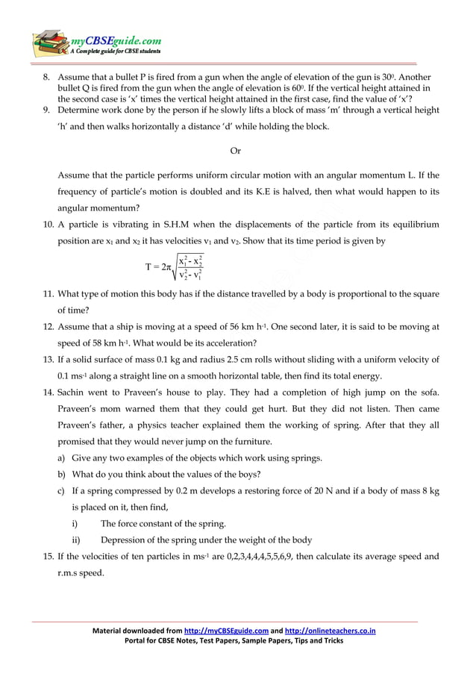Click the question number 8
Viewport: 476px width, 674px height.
tap(46, 78)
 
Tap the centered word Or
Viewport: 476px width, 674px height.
tap(235, 151)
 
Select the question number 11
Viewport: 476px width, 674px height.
tap(47, 294)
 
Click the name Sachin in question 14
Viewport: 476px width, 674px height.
tap(73, 393)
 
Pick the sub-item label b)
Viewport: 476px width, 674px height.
tap(62, 474)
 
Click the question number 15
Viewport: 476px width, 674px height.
tap(47, 556)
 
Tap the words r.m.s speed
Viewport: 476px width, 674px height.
tap(81, 573)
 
